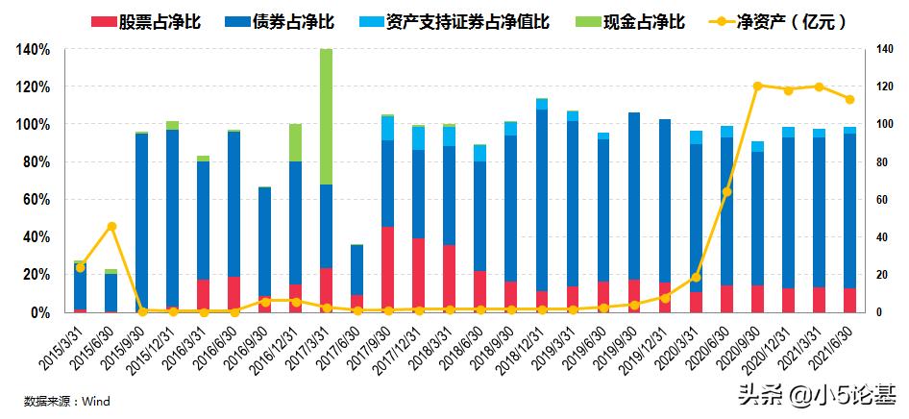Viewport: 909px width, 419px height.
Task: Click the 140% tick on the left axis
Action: [x=33, y=49]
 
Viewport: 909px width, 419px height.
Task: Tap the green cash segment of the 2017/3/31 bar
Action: [x=327, y=116]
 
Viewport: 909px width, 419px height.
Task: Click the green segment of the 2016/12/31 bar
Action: [x=296, y=142]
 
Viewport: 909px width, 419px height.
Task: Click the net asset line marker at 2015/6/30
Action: [x=111, y=226]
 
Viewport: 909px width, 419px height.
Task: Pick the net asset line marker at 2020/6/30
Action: [x=726, y=192]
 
